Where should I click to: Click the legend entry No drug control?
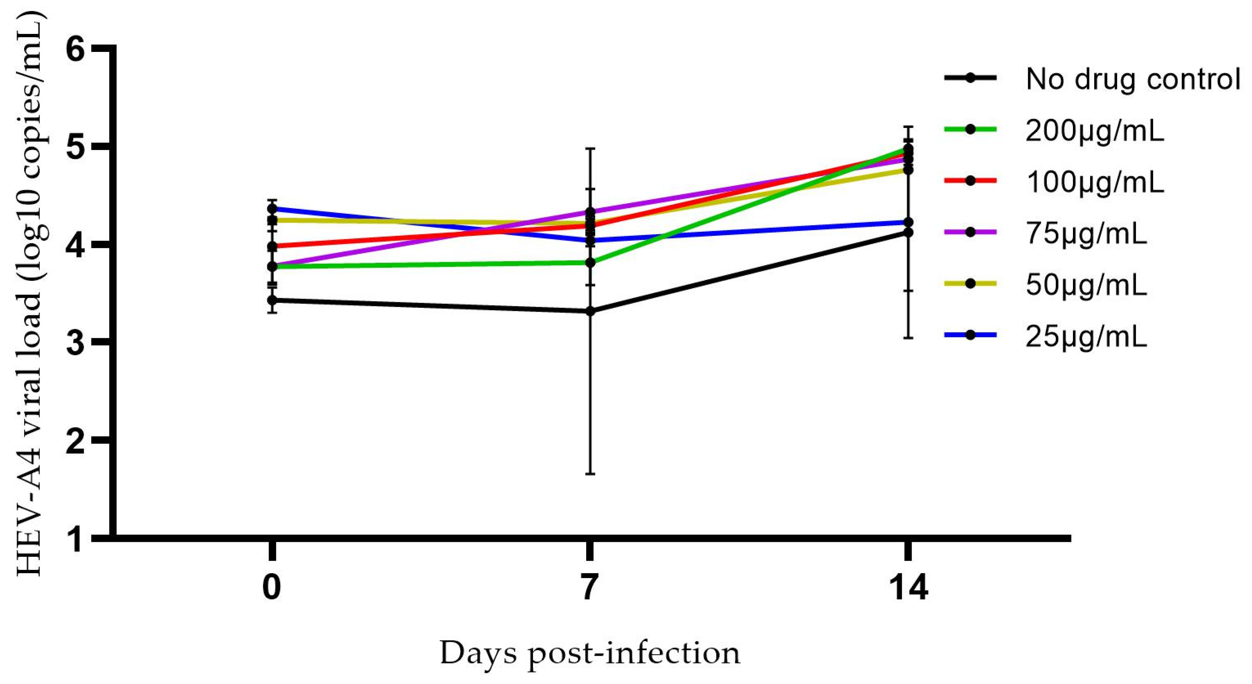point(1132,79)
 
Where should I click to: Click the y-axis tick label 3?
point(80,342)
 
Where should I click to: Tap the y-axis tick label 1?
point(80,539)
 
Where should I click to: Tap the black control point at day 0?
point(273,301)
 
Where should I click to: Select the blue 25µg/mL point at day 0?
point(273,209)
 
